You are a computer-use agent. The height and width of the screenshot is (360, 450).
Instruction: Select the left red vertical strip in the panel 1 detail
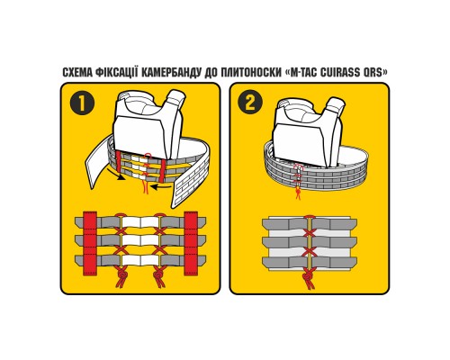tap(90, 243)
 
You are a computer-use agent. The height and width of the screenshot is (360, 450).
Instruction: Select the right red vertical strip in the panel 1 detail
tap(191, 243)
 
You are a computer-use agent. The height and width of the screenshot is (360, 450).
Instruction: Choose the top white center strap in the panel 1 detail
tap(139, 221)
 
